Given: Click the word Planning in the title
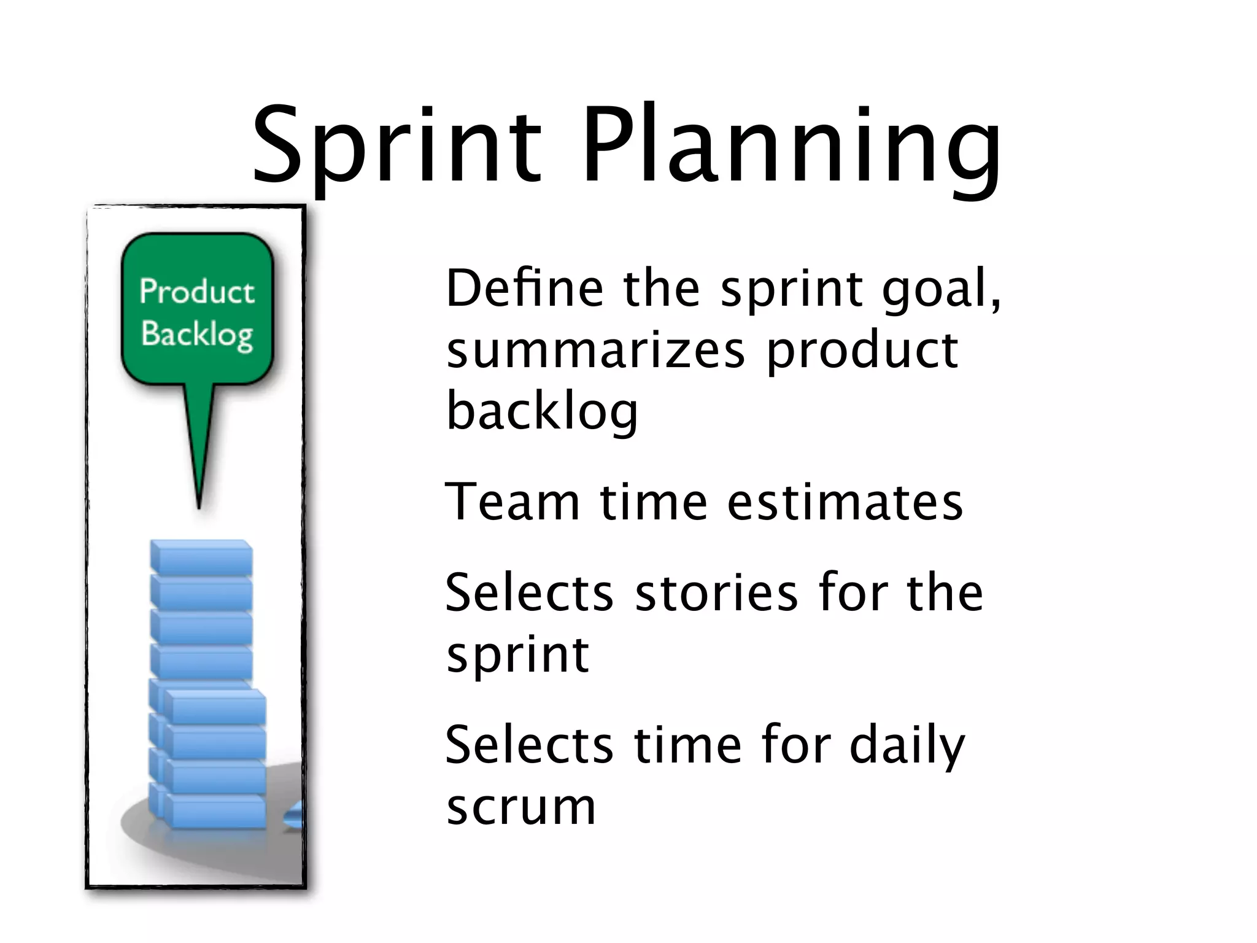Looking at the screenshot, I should coord(792,147).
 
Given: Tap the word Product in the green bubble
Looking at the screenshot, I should coord(196,292).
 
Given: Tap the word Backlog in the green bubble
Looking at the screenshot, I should coord(196,335).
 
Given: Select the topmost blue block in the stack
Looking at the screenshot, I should coord(201,557).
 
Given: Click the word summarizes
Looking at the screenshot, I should coord(595,350).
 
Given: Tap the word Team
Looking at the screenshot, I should coord(512,502).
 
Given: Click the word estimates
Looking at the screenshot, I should coord(845,502).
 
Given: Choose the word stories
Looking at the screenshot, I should coord(716,593).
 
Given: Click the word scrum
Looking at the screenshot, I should coord(521,807).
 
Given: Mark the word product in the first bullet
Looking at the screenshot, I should coord(862,350).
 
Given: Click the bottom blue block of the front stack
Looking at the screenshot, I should coord(215,812).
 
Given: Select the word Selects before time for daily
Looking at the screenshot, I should coord(529,745).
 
